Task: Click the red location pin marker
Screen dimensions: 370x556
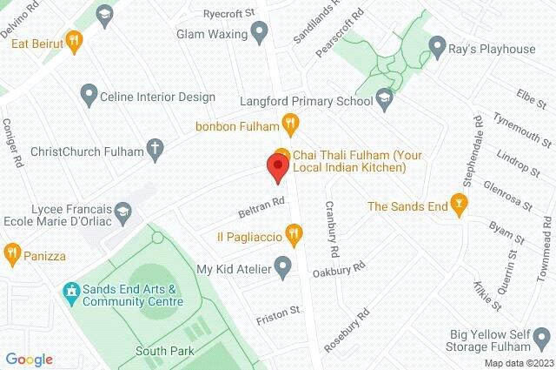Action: (x=278, y=165)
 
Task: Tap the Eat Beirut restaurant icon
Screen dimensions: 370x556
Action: (x=75, y=38)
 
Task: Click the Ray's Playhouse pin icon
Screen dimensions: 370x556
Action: (x=440, y=49)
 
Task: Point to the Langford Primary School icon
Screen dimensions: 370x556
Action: (x=384, y=103)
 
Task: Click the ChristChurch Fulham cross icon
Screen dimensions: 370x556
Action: (x=155, y=150)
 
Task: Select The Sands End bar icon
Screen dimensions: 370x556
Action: (x=460, y=205)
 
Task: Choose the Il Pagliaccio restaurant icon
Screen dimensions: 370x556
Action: (x=295, y=234)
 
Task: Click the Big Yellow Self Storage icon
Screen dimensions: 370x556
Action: (x=541, y=335)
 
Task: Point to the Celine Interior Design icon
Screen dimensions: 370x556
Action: (x=87, y=92)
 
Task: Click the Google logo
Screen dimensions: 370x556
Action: (x=30, y=360)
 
